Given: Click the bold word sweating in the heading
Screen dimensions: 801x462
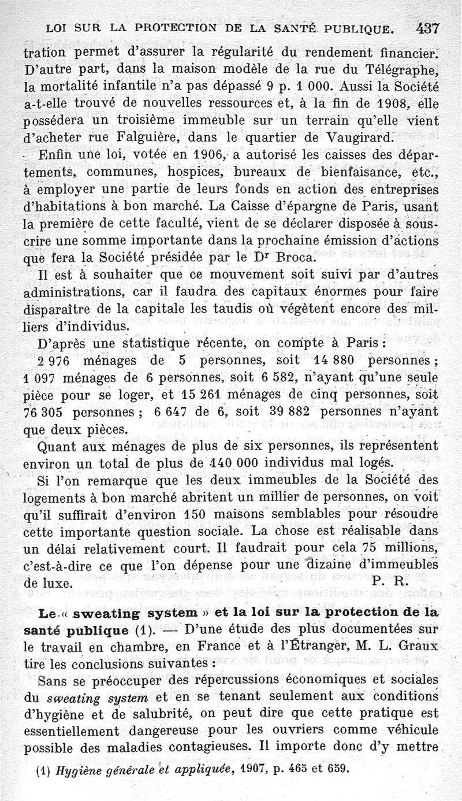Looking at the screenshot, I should pos(115,611).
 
